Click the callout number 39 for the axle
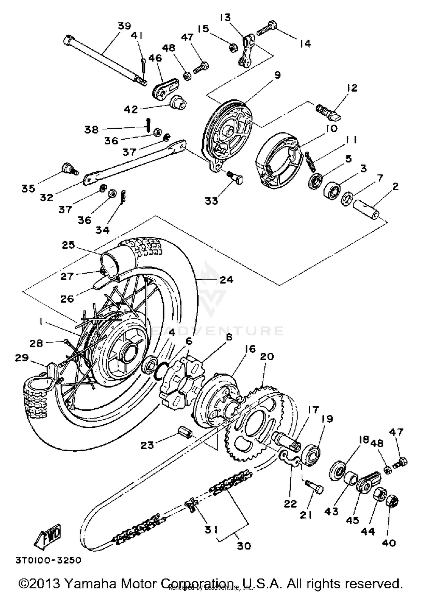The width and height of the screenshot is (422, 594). pyautogui.click(x=124, y=26)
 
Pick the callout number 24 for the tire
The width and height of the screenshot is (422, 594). pyautogui.click(x=226, y=279)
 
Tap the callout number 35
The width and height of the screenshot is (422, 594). pyautogui.click(x=28, y=188)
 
